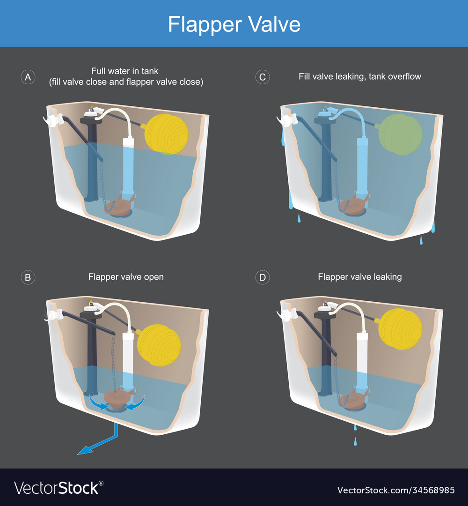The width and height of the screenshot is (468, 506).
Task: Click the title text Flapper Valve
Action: (x=234, y=24)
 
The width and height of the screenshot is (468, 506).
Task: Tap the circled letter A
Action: (x=28, y=77)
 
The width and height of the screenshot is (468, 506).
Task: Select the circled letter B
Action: (x=28, y=277)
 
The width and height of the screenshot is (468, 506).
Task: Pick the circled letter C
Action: (x=263, y=77)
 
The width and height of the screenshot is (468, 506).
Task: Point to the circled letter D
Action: (x=263, y=277)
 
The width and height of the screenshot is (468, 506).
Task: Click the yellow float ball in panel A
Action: (x=166, y=134)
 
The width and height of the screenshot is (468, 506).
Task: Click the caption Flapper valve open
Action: (x=126, y=277)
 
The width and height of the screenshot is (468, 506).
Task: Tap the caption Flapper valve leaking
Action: (x=359, y=277)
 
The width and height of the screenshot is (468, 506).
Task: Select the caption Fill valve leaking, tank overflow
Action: (x=359, y=76)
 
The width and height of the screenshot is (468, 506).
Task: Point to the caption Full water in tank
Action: (x=124, y=71)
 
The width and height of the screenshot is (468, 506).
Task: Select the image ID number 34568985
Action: (x=396, y=490)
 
